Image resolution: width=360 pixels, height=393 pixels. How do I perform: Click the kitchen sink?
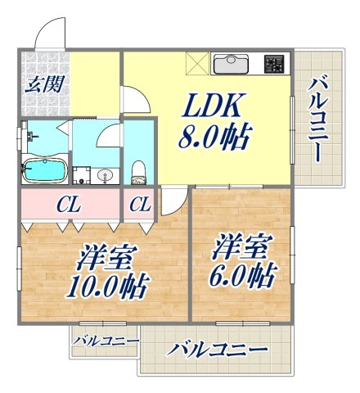point(233,63)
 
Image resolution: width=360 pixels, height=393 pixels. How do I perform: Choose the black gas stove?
point(273,63)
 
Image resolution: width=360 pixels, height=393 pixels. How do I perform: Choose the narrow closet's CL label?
point(139,204)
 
